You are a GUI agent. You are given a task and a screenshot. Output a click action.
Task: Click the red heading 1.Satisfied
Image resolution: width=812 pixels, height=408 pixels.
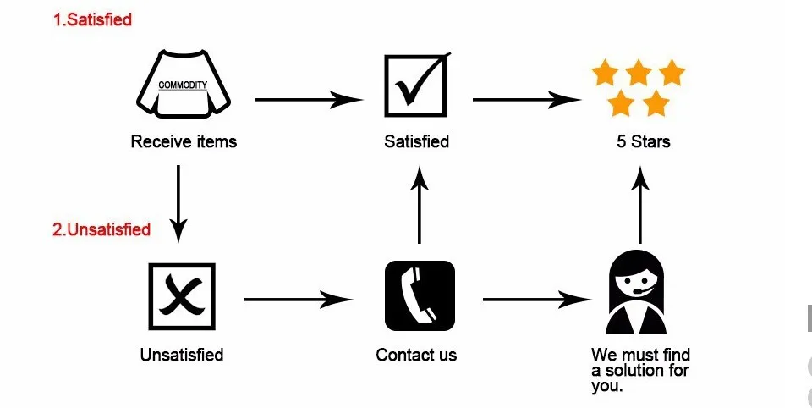point(93,19)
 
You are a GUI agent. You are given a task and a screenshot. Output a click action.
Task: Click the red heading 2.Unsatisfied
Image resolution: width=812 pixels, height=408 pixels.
point(101,229)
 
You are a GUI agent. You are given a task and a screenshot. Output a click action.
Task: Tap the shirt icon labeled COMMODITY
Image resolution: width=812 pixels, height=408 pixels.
point(183,85)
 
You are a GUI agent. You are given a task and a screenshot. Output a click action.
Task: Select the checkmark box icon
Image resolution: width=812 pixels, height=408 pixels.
point(416,85)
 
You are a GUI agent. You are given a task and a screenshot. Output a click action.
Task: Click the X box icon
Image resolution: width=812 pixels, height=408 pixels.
point(181,296)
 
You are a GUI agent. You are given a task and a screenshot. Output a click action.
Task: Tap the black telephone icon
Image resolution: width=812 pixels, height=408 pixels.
point(420,296)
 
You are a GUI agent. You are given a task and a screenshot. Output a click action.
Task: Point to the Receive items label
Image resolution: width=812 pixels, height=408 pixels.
point(184,141)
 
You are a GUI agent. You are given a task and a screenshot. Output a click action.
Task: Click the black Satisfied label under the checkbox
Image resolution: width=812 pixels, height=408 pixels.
point(416,141)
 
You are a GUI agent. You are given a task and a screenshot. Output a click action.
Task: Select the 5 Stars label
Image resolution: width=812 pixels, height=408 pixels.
point(643,141)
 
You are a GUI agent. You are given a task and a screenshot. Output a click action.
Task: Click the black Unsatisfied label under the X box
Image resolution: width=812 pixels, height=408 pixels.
point(182,354)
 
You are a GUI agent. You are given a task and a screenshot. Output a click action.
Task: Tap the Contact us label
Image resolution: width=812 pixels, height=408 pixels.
point(416,354)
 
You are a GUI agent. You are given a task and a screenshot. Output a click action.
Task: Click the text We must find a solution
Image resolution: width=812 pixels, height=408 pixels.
point(640,370)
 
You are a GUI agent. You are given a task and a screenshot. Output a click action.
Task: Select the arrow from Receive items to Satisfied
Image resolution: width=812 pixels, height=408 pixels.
point(309,99)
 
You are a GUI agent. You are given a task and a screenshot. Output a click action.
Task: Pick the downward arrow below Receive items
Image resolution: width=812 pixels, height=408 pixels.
point(178,201)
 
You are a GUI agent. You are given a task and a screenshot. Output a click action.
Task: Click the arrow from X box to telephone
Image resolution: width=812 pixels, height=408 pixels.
point(298,299)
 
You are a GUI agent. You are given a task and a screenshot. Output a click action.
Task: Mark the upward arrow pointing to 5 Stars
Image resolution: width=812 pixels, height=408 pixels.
point(640,203)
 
